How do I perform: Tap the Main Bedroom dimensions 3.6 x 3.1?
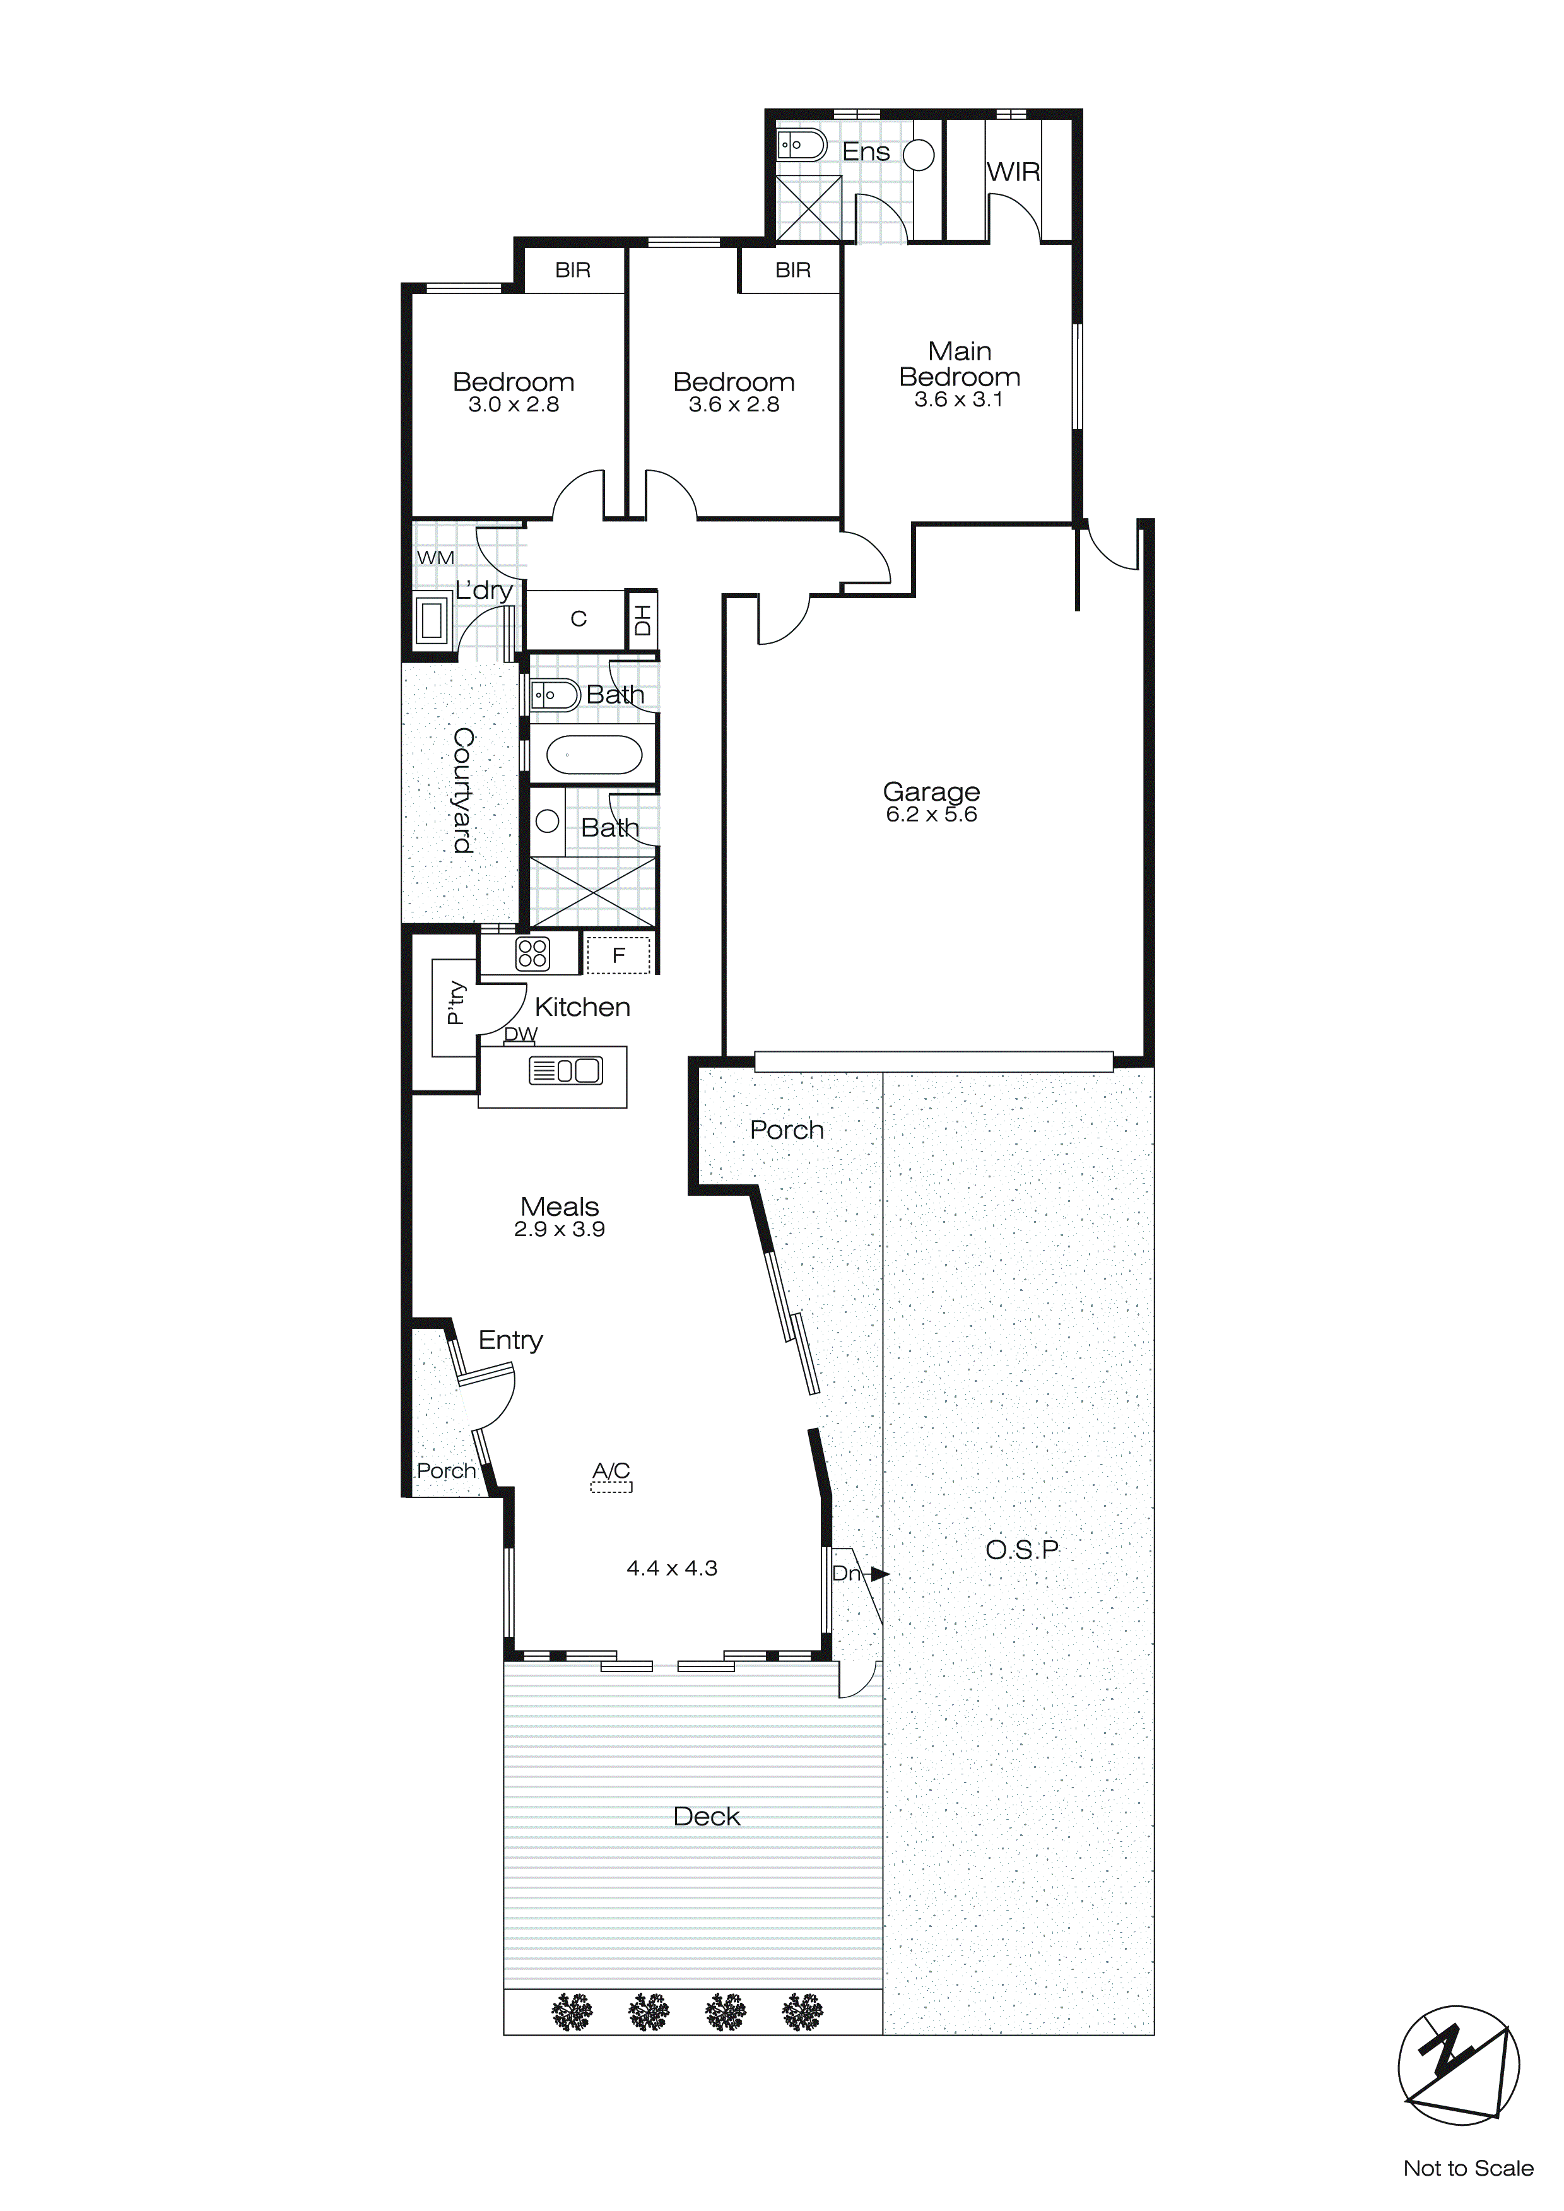(x=958, y=399)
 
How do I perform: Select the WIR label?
(x=1013, y=172)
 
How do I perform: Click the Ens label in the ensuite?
(x=865, y=152)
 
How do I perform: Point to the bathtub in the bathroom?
(x=593, y=756)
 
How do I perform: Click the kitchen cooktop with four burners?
(x=532, y=953)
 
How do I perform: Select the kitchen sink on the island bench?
(x=565, y=1070)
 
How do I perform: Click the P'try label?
(x=456, y=1003)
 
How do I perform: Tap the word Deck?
(x=706, y=1817)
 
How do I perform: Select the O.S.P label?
(x=1022, y=1550)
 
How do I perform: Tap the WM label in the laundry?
(x=435, y=558)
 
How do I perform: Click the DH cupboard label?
(x=642, y=619)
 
